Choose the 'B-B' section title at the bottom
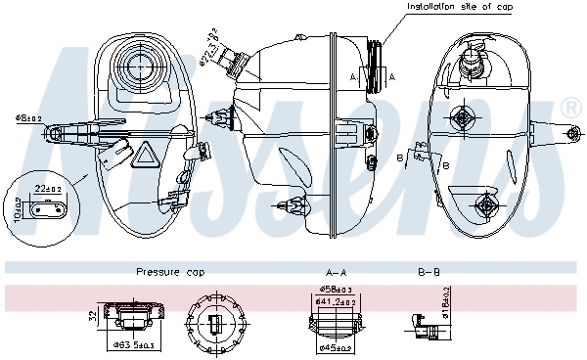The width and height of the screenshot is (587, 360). pos(429,273)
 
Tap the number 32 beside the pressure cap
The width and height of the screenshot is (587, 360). pos(91,316)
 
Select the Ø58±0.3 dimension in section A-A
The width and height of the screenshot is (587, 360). pos(335,291)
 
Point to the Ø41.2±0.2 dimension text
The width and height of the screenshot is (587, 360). pos(335,302)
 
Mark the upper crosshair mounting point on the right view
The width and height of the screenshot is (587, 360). pos(459,117)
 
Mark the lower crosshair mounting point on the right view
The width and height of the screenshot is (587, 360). pos(486,204)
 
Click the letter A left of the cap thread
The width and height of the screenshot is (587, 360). pos(352,76)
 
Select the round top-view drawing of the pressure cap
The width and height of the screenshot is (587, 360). pos(216,322)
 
